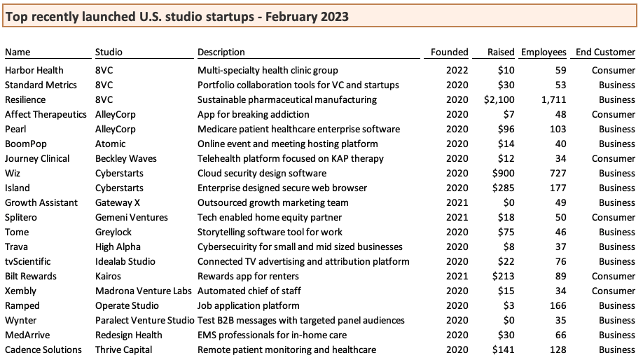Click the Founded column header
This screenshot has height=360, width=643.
[449, 52]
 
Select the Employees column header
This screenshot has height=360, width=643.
[544, 52]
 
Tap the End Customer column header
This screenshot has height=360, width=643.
[605, 52]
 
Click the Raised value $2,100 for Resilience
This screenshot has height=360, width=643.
[499, 99]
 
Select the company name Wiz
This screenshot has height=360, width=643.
[13, 173]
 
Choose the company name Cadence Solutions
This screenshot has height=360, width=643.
[42, 349]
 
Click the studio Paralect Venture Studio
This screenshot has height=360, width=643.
[144, 320]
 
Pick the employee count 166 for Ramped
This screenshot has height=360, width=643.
[558, 305]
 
